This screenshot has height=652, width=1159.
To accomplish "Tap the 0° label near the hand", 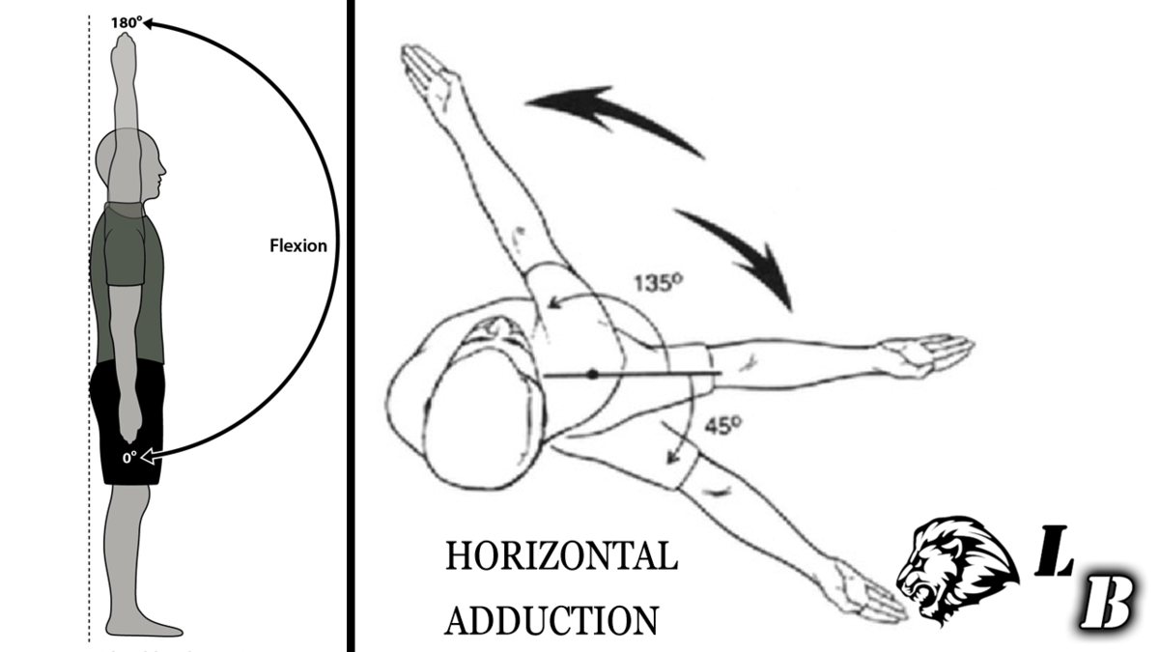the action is click(128, 458).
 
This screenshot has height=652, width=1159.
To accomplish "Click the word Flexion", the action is click(297, 245).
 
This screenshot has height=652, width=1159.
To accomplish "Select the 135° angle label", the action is click(659, 285).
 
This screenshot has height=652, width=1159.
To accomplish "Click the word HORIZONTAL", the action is click(560, 558).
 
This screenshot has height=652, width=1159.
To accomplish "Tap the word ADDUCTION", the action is click(552, 618).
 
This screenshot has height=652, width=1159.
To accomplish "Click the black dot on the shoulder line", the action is click(593, 373).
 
